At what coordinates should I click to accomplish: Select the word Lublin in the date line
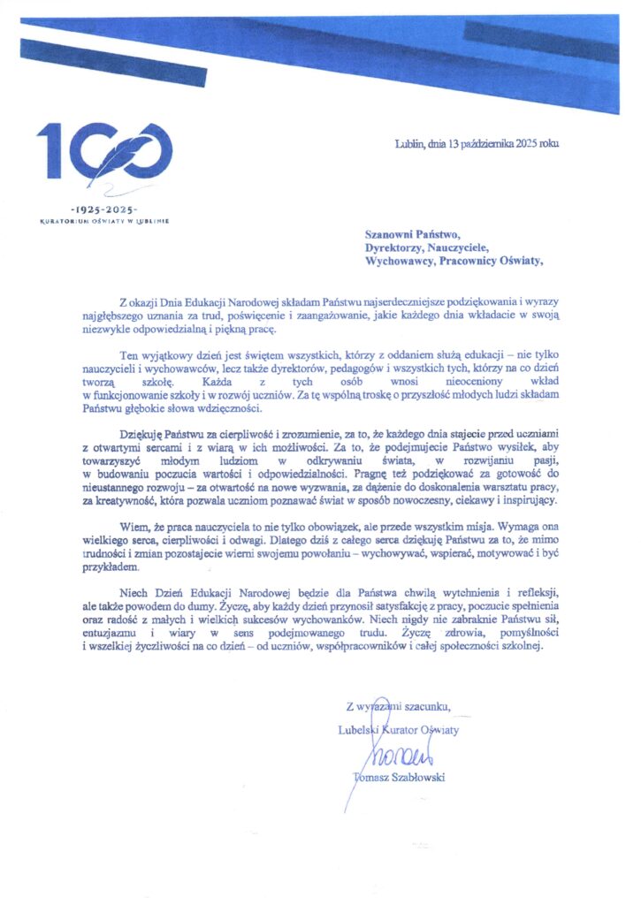411,143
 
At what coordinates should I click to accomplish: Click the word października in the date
497,143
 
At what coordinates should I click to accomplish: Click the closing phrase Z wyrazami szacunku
399,705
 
